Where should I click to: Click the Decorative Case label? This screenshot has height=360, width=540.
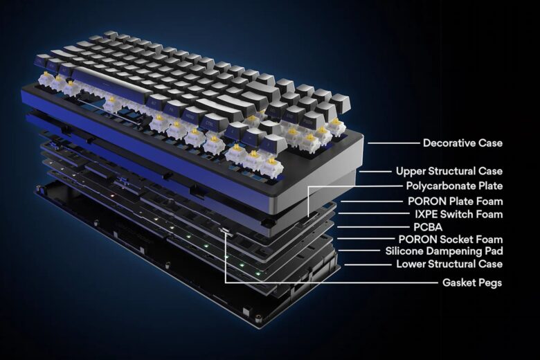pos(462,143)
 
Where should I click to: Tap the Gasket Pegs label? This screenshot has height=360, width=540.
pos(472,282)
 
